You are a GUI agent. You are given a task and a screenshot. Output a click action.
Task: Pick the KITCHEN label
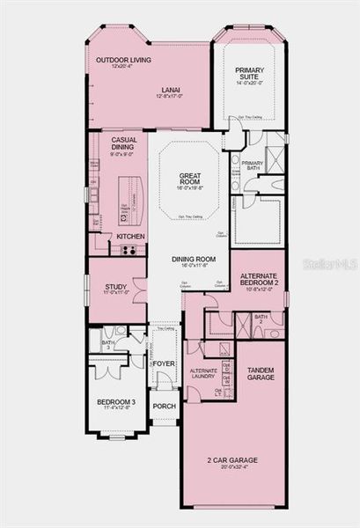click(130, 237)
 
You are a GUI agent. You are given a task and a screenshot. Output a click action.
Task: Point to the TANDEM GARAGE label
click(261, 373)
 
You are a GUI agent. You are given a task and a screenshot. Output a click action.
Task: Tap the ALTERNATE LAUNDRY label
click(203, 372)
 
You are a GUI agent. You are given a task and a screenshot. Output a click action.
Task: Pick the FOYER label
click(163, 363)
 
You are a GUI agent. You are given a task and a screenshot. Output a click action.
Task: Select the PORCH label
click(163, 406)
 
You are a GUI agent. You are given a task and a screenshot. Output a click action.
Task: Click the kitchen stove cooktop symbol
click(129, 250)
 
